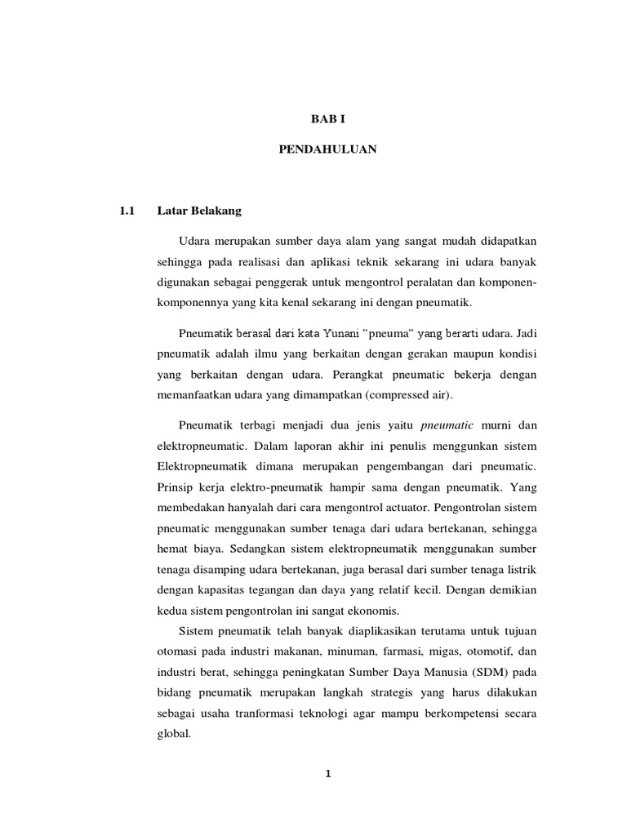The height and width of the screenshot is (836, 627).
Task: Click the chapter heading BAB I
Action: coord(329,118)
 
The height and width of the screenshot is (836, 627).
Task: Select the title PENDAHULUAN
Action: coord(329,151)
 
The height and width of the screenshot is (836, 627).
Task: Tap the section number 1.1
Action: coord(126,211)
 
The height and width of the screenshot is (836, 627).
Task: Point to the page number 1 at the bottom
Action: coord(328,776)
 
